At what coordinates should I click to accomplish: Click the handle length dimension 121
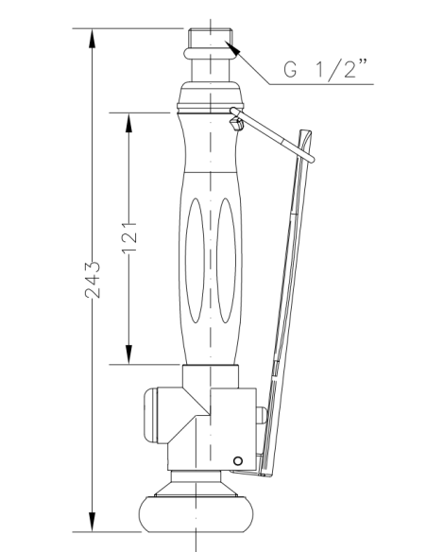[129, 237]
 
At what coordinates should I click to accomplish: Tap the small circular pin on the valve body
[238, 459]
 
